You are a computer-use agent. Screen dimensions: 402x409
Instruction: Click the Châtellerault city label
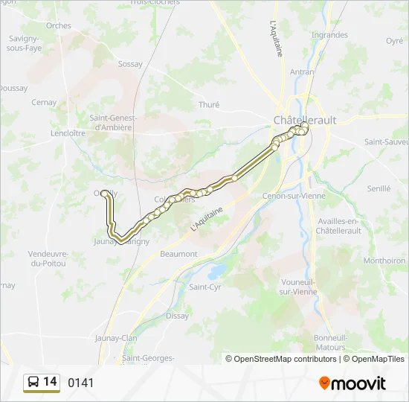tap(305, 119)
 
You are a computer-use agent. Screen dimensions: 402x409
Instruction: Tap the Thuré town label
tap(209, 105)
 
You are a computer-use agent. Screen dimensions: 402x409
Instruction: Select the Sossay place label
tap(130, 64)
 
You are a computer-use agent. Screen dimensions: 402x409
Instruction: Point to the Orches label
tap(59, 25)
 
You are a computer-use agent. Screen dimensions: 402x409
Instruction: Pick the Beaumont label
tap(178, 254)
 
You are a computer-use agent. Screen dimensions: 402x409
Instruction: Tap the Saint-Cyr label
tap(204, 287)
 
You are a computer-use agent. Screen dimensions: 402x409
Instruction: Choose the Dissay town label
tap(177, 316)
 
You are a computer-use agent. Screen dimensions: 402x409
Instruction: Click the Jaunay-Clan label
tap(116, 338)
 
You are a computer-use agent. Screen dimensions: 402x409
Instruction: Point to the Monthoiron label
tap(384, 261)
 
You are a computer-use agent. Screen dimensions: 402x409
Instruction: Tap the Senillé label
tap(379, 189)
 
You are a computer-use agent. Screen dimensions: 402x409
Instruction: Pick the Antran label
tap(302, 72)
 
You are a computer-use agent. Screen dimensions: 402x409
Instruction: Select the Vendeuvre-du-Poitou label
tap(48, 258)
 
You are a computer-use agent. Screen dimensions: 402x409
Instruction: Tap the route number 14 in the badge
tap(50, 382)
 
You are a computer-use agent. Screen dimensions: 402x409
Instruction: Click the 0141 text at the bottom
tap(81, 383)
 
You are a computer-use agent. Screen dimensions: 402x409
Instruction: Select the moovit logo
tap(352, 383)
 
